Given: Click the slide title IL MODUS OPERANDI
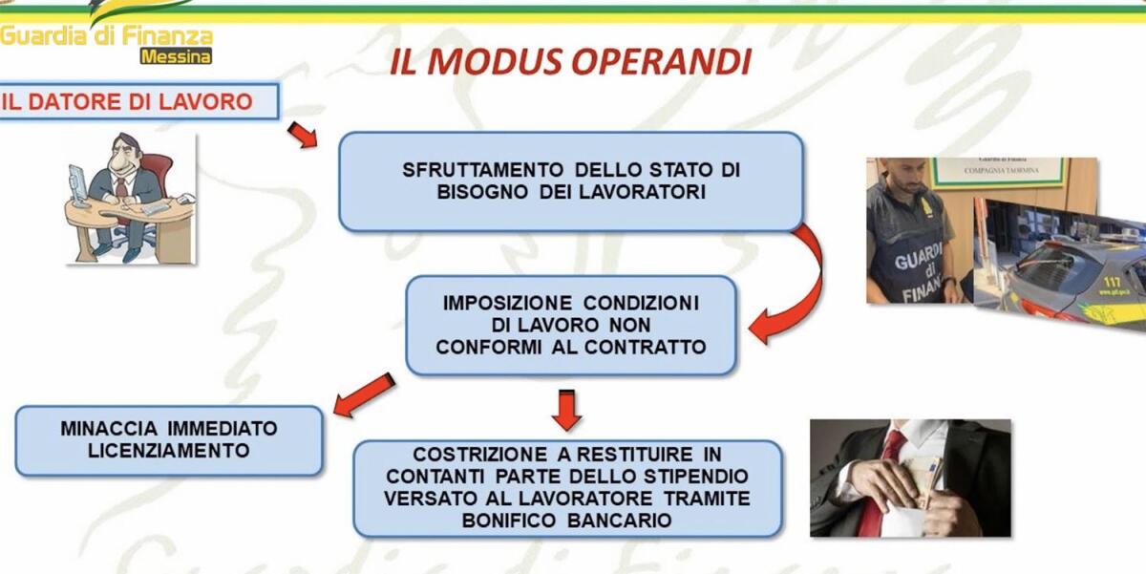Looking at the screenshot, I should coord(570,60).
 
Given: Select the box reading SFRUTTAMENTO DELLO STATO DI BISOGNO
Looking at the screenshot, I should coord(570,181).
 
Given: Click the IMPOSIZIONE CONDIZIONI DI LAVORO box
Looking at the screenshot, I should coord(570,325).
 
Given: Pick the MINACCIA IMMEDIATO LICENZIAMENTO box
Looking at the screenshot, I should coord(168,439).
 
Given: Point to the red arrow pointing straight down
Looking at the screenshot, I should coord(566,409).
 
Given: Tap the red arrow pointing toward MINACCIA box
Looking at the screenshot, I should coord(364,393).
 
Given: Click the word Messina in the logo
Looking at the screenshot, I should coord(176,56).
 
